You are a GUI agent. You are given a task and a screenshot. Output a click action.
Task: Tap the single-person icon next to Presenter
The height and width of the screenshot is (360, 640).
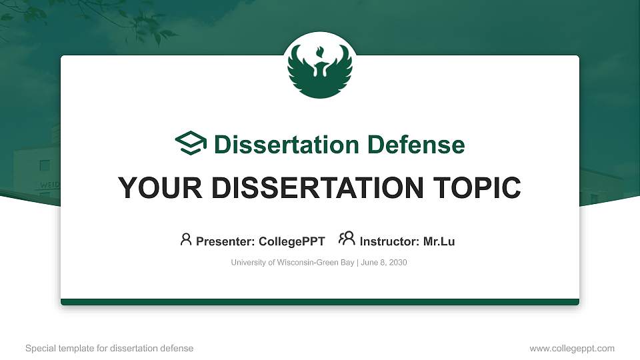[x=186, y=239]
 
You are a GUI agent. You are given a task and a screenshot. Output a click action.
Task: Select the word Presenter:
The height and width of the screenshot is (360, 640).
[x=223, y=241]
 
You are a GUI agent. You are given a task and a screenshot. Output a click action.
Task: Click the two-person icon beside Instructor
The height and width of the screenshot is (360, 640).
[x=347, y=239]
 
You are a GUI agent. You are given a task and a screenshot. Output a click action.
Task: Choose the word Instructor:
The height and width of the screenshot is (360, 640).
[x=389, y=241]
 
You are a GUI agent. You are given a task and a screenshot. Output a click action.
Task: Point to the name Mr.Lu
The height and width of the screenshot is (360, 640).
[x=439, y=241]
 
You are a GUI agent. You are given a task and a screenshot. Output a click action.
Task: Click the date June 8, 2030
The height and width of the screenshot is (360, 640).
[x=385, y=263]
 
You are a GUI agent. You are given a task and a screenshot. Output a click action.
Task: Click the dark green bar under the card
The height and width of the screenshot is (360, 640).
[x=320, y=302]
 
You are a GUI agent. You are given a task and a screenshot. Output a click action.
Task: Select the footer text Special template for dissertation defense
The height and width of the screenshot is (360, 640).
[x=109, y=348]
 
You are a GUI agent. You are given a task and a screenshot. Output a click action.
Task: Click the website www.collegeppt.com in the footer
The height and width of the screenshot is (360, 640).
[x=572, y=348]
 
